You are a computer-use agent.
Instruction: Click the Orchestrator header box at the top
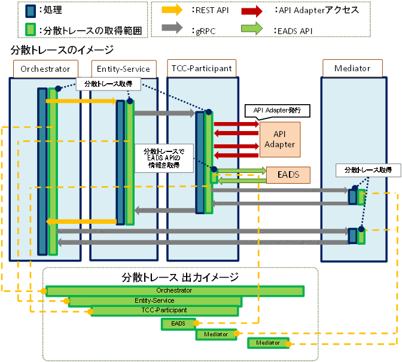pyautogui.click(x=45, y=68)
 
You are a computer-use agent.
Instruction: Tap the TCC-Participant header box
pyautogui.click(x=202, y=68)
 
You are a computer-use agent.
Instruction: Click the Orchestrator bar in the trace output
pyautogui.click(x=175, y=291)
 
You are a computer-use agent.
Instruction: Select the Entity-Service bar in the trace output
pyautogui.click(x=155, y=300)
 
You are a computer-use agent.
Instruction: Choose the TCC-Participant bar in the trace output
pyautogui.click(x=164, y=311)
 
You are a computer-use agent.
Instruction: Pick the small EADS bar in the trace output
pyautogui.click(x=178, y=324)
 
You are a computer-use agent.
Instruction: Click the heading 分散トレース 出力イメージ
pyautogui.click(x=179, y=277)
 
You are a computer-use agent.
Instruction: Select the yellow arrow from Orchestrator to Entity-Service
pyautogui.click(x=80, y=101)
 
